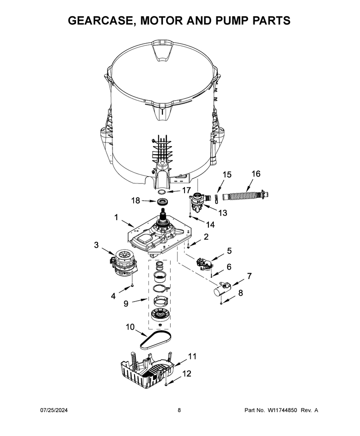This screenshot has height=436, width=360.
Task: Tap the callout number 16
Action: click(256, 174)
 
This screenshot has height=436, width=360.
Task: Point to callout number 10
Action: click(130, 327)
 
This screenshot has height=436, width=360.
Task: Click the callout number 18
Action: click(135, 200)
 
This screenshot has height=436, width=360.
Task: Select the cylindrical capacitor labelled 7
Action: click(222, 290)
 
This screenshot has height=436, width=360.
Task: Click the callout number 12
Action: click(187, 374)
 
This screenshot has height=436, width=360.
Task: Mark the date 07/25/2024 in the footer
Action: click(54, 410)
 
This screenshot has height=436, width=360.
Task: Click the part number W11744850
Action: click(282, 410)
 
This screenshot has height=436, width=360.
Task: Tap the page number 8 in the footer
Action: click(179, 410)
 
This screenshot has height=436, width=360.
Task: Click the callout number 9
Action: click(126, 303)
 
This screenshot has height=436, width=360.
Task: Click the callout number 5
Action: click(229, 251)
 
